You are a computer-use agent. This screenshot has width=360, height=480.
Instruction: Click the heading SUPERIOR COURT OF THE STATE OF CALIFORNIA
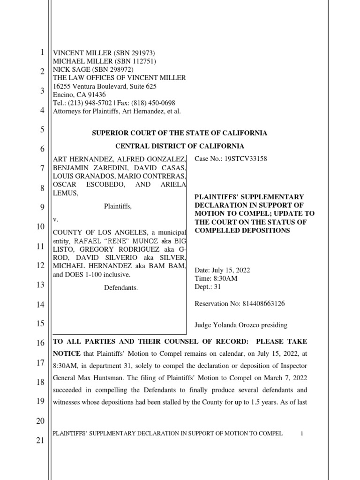(179, 133)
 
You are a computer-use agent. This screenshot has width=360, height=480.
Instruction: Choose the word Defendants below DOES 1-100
(121, 288)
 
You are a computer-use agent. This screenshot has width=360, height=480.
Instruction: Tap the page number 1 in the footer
(302, 434)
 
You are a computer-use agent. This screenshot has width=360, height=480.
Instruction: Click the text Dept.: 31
(208, 287)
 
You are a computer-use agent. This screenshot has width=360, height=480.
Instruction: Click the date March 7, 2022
(281, 378)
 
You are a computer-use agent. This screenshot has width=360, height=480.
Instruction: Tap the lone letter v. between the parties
(54, 219)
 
